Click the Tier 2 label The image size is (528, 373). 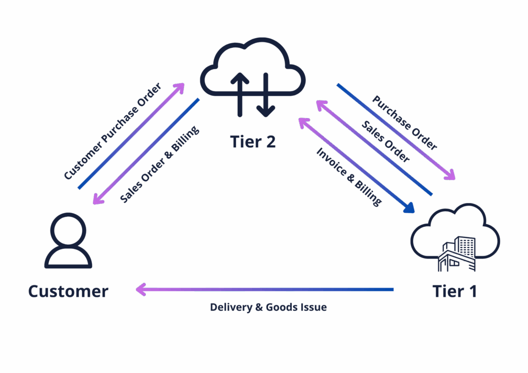[253, 141]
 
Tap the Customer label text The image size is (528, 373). [68, 291]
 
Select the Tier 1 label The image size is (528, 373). [455, 291]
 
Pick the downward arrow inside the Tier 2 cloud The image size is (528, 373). [266, 95]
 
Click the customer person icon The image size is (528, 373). [68, 241]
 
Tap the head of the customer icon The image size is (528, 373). [68, 229]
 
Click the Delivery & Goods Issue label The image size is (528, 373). [268, 308]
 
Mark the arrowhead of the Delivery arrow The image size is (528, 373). [140, 290]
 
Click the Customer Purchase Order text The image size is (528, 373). [112, 132]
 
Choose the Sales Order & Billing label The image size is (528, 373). [159, 164]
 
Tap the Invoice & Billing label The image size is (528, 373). [349, 177]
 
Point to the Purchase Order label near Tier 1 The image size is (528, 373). [405, 123]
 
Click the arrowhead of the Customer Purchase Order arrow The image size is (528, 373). [181, 86]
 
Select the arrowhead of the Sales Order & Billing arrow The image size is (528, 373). [96, 200]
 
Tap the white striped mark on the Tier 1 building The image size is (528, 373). [456, 258]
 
